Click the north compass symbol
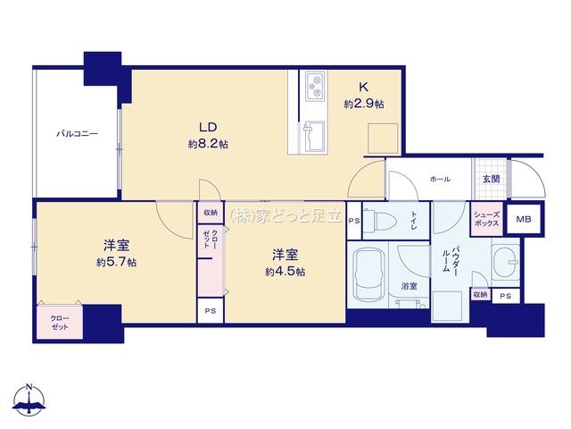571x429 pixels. click(x=29, y=400)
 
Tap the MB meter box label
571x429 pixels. click(x=524, y=219)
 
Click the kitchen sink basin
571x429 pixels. click(x=313, y=137)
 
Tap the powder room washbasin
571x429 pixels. click(x=506, y=261)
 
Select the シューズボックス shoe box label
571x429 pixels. click(x=486, y=219)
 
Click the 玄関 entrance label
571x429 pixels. click(x=491, y=179)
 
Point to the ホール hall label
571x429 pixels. click(x=440, y=179)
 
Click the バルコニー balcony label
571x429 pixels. click(x=78, y=134)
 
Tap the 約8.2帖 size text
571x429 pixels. click(x=208, y=144)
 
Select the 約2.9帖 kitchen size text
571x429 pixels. click(x=364, y=105)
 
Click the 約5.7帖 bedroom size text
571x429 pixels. click(x=117, y=262)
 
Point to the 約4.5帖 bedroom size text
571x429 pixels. click(x=285, y=272)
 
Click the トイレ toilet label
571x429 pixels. click(x=414, y=220)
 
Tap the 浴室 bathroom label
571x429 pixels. click(x=409, y=286)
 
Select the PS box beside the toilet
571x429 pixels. click(x=354, y=221)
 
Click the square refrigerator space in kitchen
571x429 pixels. click(x=383, y=139)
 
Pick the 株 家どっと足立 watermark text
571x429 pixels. click(x=285, y=216)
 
